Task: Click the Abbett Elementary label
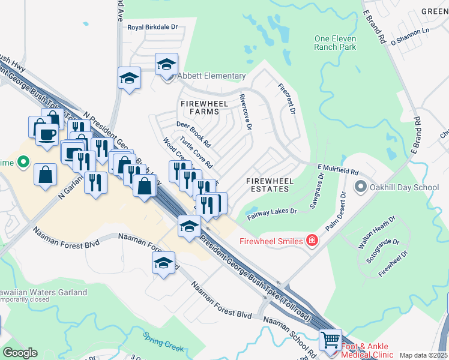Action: [211, 76]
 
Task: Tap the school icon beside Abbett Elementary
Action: [166, 64]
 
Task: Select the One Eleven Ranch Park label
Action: [336, 43]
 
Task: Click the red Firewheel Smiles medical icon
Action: [312, 241]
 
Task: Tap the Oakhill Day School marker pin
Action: [360, 187]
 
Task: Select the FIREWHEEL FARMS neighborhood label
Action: [205, 108]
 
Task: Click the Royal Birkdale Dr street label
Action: [153, 27]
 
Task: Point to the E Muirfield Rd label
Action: [337, 170]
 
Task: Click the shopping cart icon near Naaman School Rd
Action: [330, 340]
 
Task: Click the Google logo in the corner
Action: [20, 352]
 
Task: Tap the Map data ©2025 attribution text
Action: [423, 355]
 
